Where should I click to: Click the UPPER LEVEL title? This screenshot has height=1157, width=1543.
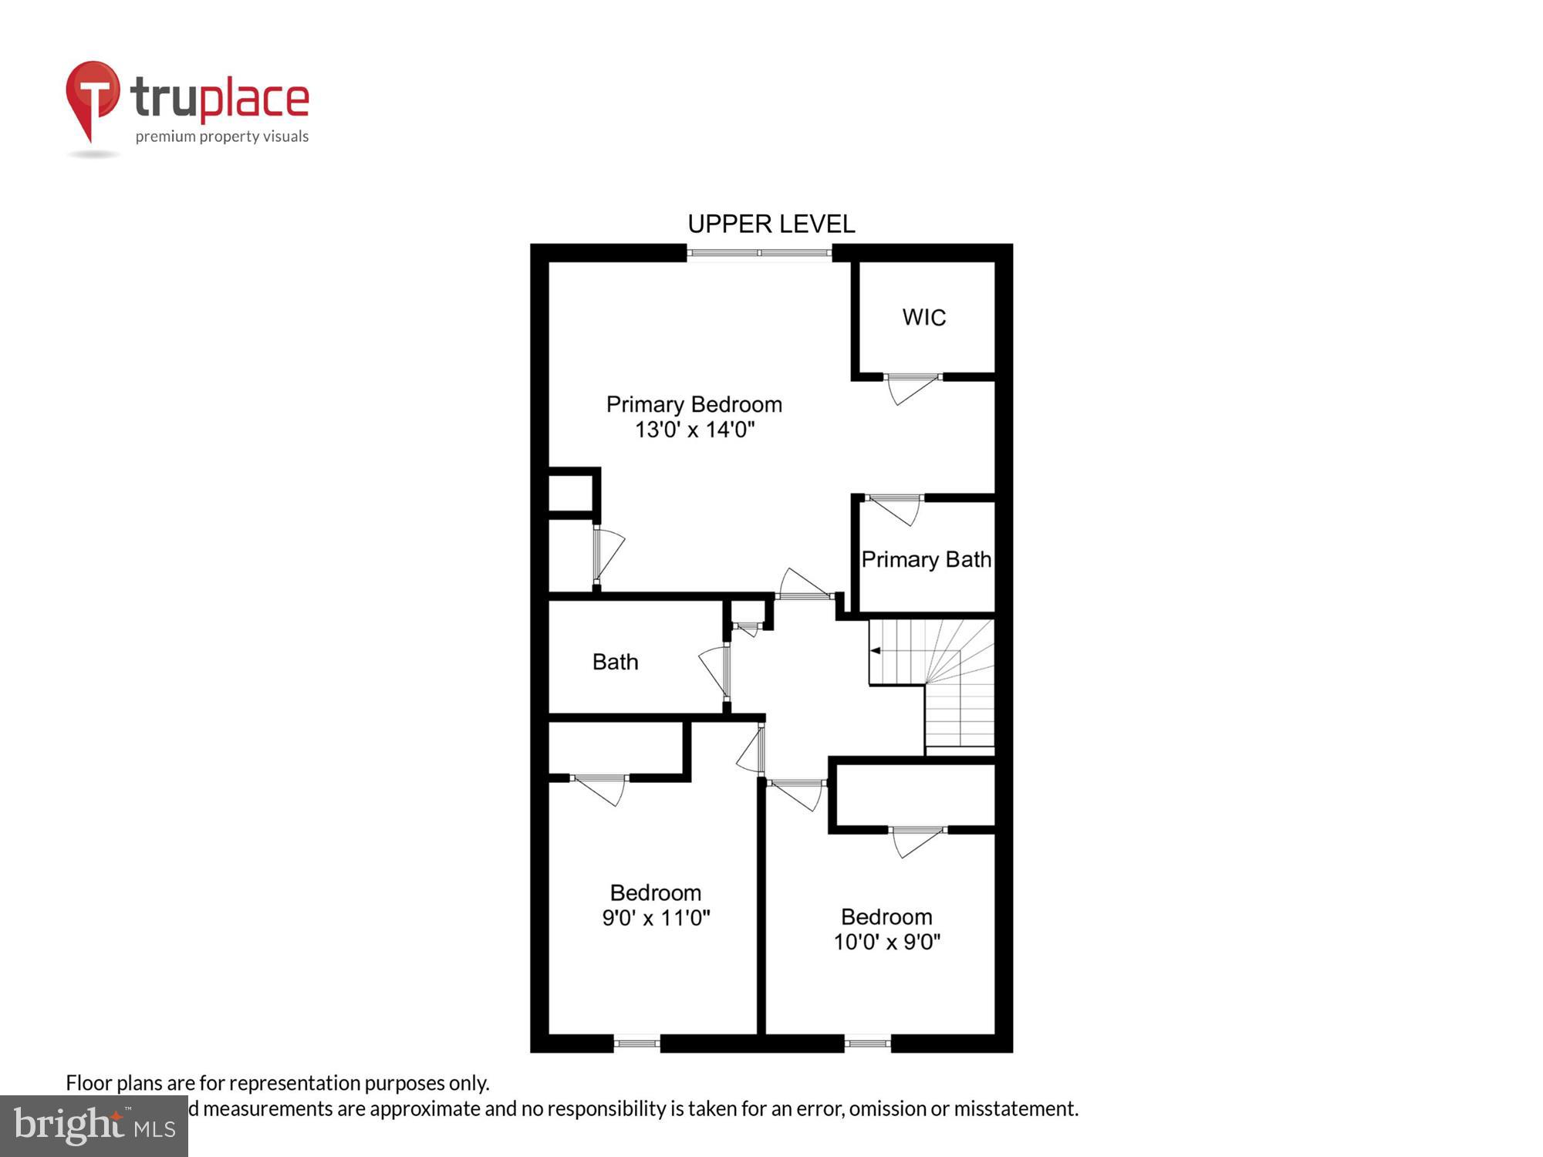point(771,224)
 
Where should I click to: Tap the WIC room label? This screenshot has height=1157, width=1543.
point(923,317)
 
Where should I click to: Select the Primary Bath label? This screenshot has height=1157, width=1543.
point(926,559)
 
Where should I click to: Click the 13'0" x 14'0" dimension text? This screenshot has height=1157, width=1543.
point(694,430)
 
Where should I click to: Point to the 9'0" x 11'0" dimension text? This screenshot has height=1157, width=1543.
point(655,918)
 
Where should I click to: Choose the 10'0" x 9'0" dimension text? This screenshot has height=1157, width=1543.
point(886,942)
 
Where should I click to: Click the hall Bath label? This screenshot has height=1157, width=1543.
point(615,662)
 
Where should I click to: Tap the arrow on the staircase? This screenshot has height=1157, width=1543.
point(876,650)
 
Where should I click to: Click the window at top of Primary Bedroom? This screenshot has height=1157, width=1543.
point(759,253)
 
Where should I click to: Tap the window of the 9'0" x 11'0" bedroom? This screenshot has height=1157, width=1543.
point(636,1044)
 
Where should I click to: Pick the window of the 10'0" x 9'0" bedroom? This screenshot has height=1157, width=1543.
point(867,1044)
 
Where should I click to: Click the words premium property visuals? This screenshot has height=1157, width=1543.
point(222,137)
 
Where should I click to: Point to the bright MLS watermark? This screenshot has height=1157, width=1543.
point(94,1126)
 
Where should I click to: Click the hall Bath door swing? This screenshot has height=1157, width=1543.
point(714,669)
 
